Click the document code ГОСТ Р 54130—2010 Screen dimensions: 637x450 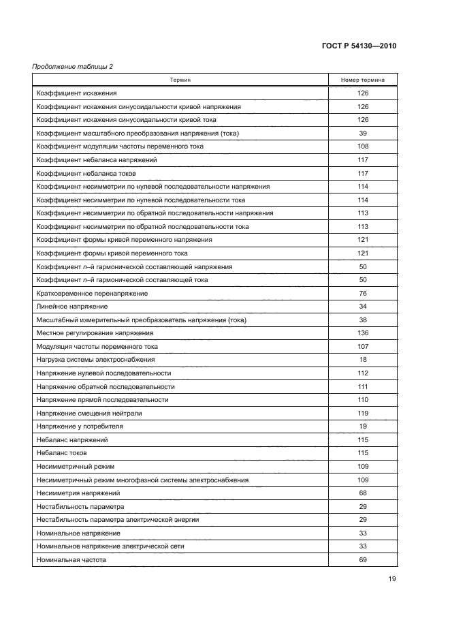[x=358, y=46]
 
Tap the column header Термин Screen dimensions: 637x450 [x=180, y=80]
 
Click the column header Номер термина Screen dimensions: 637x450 [x=362, y=80]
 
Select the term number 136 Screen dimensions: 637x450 [x=362, y=333]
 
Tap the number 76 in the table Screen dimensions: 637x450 [x=362, y=293]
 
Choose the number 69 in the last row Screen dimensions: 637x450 [x=362, y=560]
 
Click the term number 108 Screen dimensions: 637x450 [x=362, y=146]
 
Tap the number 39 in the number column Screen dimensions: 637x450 [x=362, y=133]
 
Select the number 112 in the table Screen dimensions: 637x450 [x=362, y=373]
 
